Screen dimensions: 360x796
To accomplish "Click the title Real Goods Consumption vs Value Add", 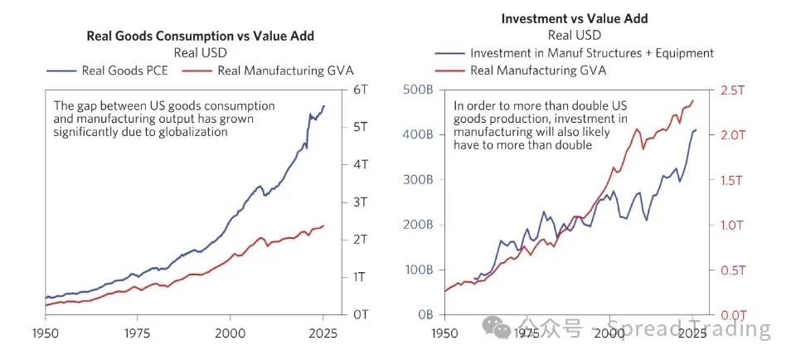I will pyautogui.click(x=201, y=36).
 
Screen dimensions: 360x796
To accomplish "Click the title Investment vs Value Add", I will pyautogui.click(x=574, y=18).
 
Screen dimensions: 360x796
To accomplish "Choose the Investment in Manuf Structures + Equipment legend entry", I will pyautogui.click(x=591, y=53).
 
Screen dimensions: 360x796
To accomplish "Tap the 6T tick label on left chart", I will pyautogui.click(x=362, y=90).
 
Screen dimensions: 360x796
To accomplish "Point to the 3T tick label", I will pyautogui.click(x=362, y=202).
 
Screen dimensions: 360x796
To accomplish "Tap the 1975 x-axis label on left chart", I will pyautogui.click(x=138, y=331).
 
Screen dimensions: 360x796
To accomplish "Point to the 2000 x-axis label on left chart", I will pyautogui.click(x=231, y=331).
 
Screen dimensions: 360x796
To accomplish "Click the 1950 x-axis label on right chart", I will pyautogui.click(x=445, y=331).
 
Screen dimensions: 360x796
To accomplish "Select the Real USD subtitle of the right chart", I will pyautogui.click(x=574, y=35).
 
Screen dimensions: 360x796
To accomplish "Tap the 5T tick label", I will pyautogui.click(x=362, y=127).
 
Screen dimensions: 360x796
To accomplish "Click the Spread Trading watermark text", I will pyautogui.click(x=688, y=328).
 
